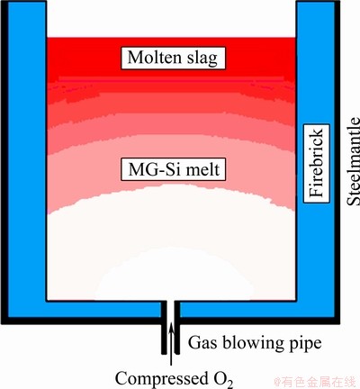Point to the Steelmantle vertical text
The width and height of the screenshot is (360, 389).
click(x=353, y=161)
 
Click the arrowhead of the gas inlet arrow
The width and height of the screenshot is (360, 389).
click(x=171, y=325)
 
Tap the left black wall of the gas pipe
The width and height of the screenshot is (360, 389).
click(x=164, y=327)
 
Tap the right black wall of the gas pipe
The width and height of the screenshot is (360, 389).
click(x=177, y=327)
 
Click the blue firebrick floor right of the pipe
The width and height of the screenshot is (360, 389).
click(x=257, y=310)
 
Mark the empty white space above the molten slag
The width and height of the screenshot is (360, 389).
click(x=171, y=19)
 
